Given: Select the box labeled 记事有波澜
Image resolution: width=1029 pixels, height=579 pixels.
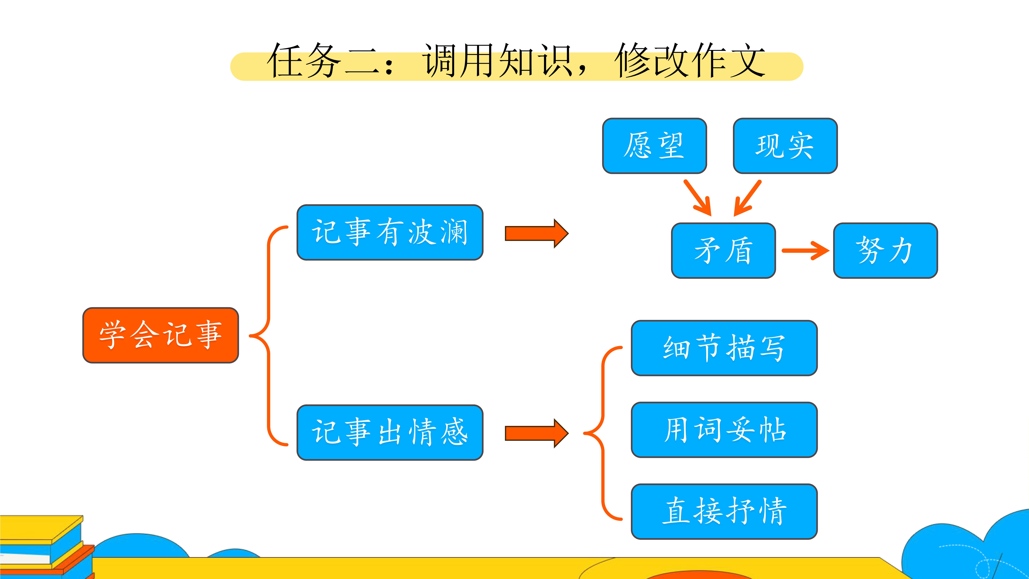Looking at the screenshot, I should click(390, 232).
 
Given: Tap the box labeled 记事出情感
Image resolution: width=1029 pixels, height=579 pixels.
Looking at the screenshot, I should click(390, 432).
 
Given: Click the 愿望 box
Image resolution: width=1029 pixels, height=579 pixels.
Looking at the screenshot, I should click(654, 146).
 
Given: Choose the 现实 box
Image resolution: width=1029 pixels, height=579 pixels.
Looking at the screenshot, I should click(785, 146).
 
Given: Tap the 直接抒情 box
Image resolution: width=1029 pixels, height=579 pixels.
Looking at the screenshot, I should click(724, 511).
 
